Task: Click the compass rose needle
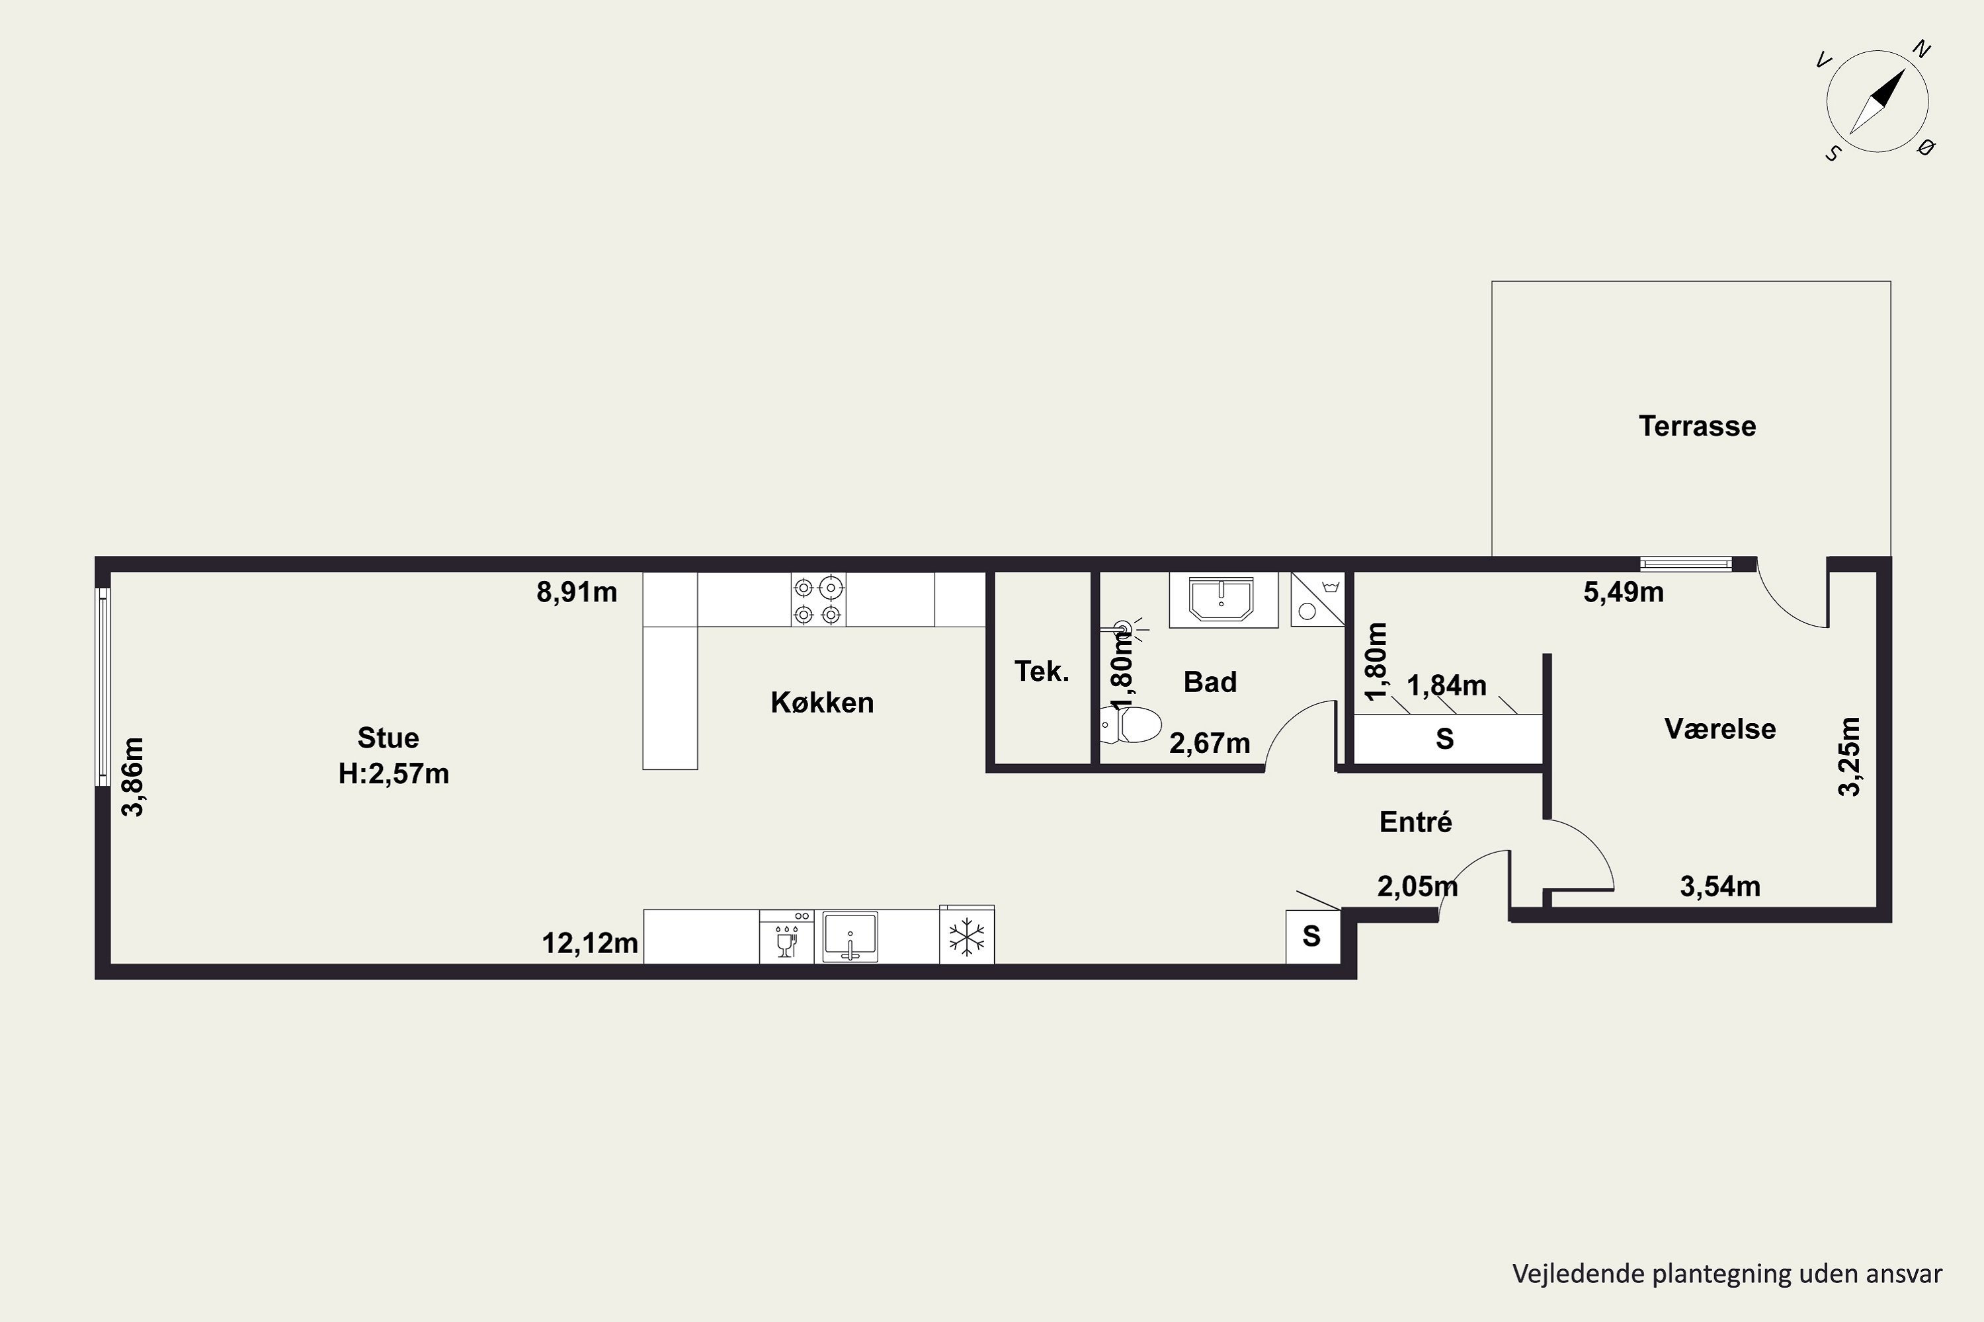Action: point(1877,101)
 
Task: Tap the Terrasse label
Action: point(1697,426)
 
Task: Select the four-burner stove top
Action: point(818,600)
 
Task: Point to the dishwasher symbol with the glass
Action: point(786,937)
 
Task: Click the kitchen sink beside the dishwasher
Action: point(850,936)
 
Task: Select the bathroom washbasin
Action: point(1222,600)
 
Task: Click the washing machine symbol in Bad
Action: point(1317,600)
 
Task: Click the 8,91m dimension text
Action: point(577,592)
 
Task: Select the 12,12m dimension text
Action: point(590,943)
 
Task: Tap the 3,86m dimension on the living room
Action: point(134,777)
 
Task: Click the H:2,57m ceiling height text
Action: point(394,773)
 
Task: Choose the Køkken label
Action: point(823,702)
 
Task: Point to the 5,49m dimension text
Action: point(1624,592)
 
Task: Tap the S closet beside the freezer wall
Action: point(1311,936)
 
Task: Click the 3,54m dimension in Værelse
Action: point(1720,886)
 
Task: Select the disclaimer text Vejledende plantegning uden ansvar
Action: point(1727,1273)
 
